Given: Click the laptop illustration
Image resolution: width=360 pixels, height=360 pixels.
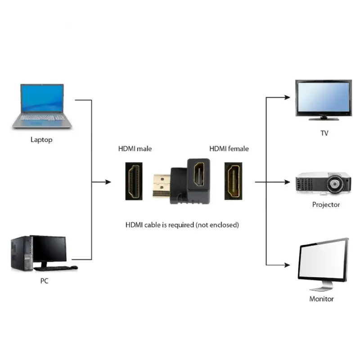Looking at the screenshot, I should (42, 106).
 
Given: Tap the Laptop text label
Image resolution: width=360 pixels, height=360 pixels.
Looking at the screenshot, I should (41, 139).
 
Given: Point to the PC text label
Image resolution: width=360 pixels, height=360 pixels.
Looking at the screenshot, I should (44, 281).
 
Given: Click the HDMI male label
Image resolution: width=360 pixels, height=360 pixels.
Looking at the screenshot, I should (135, 148).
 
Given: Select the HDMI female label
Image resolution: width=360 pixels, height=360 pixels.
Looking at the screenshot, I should (229, 148).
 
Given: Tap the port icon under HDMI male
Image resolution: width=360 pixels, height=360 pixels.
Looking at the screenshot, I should (135, 181).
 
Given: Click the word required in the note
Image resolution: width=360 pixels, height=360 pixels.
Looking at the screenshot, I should (180, 225).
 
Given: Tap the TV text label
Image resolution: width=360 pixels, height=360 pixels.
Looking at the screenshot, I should (324, 133).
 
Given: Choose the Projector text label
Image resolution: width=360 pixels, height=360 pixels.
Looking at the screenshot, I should (326, 205).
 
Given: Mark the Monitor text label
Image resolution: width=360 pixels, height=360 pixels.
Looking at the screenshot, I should (321, 299).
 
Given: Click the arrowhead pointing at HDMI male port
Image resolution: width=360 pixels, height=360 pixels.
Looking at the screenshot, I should (108, 182).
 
